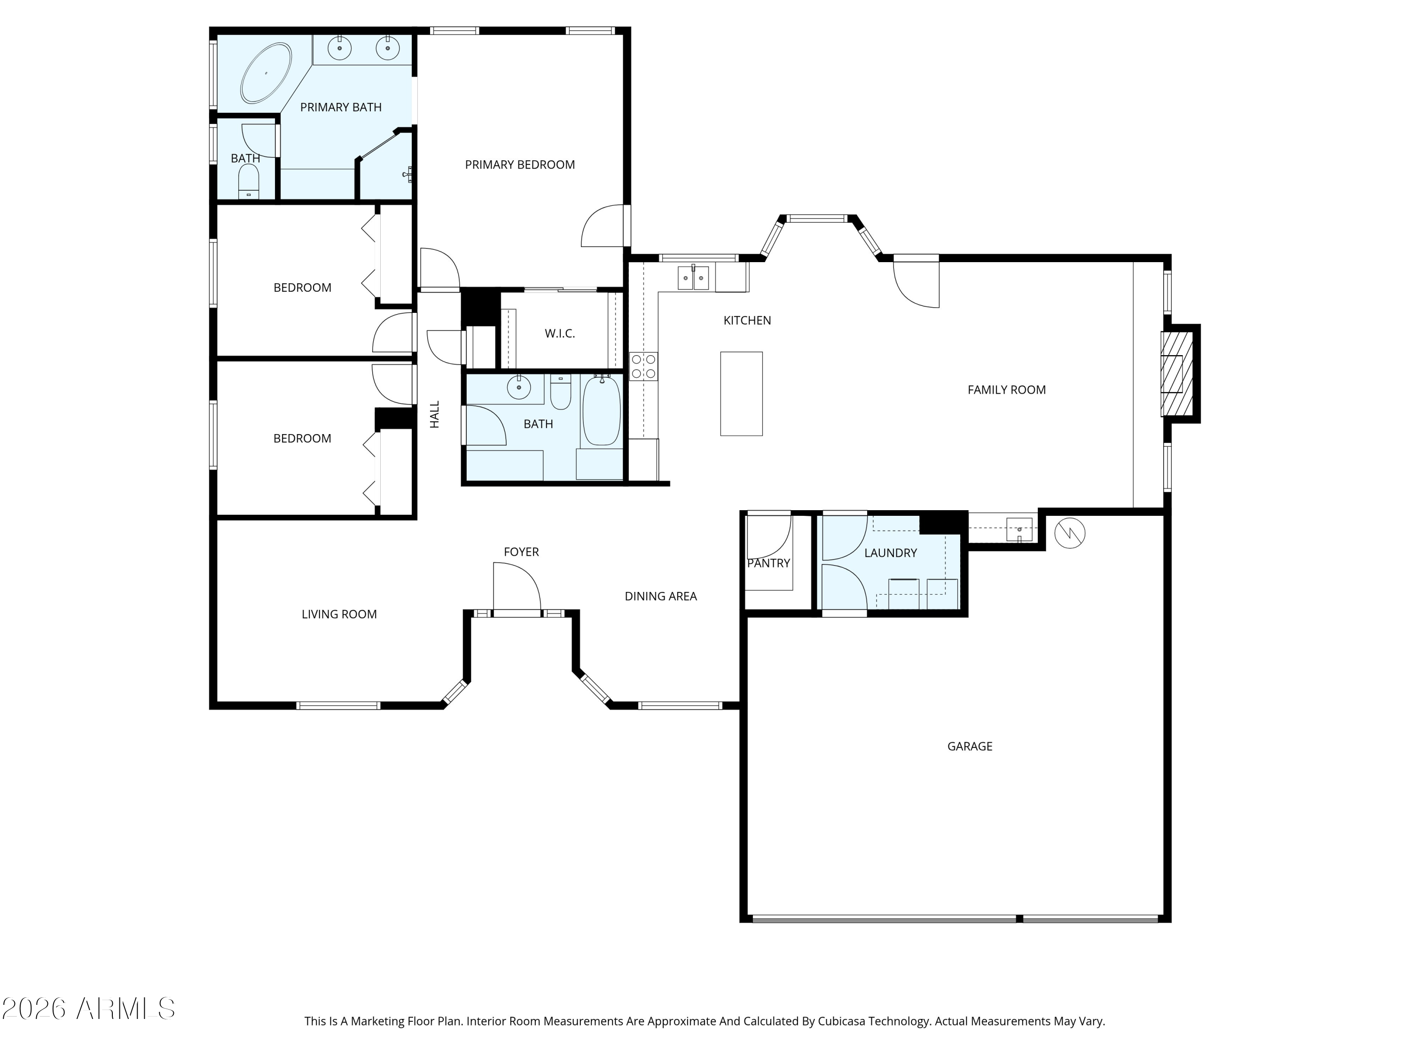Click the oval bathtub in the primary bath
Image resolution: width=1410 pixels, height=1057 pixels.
click(x=266, y=73)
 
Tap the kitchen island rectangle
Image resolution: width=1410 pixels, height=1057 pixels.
click(x=741, y=394)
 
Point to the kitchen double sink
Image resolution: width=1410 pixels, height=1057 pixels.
click(x=693, y=278)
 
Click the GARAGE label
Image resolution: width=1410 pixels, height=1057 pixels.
click(x=970, y=746)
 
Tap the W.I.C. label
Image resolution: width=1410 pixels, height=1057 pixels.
click(x=560, y=333)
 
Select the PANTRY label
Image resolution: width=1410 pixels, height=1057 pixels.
click(x=768, y=563)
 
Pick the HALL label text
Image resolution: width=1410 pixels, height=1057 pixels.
click(x=435, y=414)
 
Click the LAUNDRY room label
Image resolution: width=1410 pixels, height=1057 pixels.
click(x=891, y=553)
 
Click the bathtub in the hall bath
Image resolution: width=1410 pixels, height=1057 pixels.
click(x=601, y=410)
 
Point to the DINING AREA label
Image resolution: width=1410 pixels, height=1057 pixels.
click(x=660, y=596)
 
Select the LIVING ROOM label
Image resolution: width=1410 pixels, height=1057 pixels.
click(x=339, y=614)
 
